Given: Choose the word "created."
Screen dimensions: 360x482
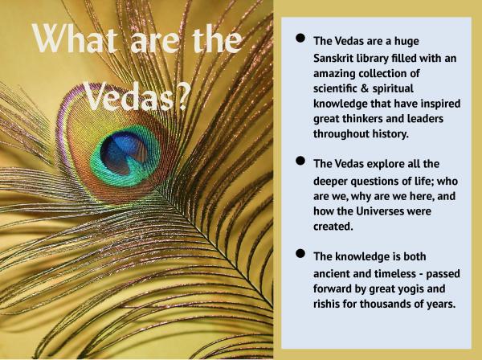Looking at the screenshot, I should (333, 227).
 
